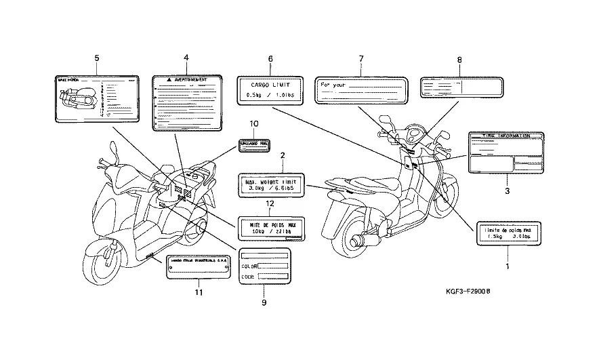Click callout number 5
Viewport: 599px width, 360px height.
(97, 58)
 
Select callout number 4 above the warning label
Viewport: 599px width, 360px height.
(186, 58)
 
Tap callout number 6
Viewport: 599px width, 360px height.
(270, 58)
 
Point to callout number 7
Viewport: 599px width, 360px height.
(361, 58)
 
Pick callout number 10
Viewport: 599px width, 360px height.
(254, 123)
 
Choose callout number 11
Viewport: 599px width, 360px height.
(199, 292)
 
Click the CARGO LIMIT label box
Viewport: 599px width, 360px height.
(270, 91)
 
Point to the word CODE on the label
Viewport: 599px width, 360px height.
(249, 277)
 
